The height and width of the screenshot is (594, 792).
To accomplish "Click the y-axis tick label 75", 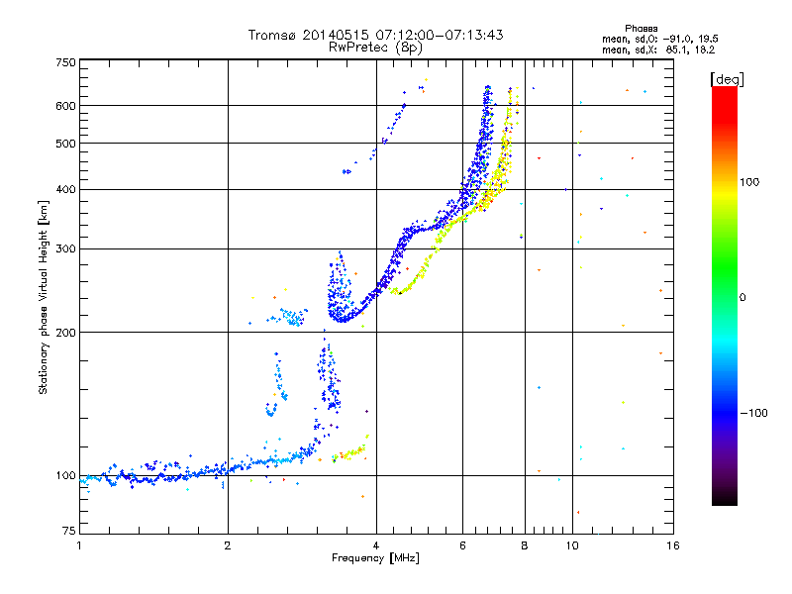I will (x=68, y=535).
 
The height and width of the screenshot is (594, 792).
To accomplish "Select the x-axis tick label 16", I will (x=671, y=545).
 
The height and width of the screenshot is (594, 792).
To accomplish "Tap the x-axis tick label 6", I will (x=462, y=545).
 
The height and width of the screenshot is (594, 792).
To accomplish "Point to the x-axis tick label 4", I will (x=376, y=545).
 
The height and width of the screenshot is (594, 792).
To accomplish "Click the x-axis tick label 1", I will (x=79, y=545).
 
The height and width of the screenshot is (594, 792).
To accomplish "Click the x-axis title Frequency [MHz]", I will (x=375, y=558).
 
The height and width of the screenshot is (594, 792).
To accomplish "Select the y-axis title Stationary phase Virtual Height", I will (x=44, y=297).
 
